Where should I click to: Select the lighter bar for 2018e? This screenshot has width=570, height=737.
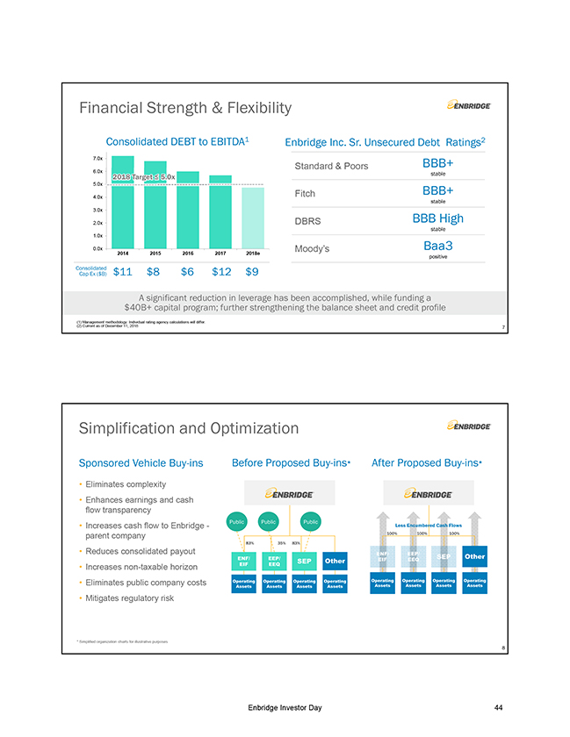pos(252,218)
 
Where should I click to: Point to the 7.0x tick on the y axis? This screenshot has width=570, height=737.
pos(97,158)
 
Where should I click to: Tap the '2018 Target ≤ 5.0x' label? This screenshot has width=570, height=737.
pos(144,177)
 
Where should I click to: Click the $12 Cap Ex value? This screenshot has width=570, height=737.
pos(220,272)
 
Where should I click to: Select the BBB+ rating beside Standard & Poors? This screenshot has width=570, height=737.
pos(437,163)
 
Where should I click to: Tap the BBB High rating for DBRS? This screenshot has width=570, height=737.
pos(437,218)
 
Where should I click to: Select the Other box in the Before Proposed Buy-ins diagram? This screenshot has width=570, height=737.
pos(335,561)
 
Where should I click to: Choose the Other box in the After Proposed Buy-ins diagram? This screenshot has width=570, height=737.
pos(474,556)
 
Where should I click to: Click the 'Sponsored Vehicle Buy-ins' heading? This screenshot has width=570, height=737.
pos(141,462)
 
